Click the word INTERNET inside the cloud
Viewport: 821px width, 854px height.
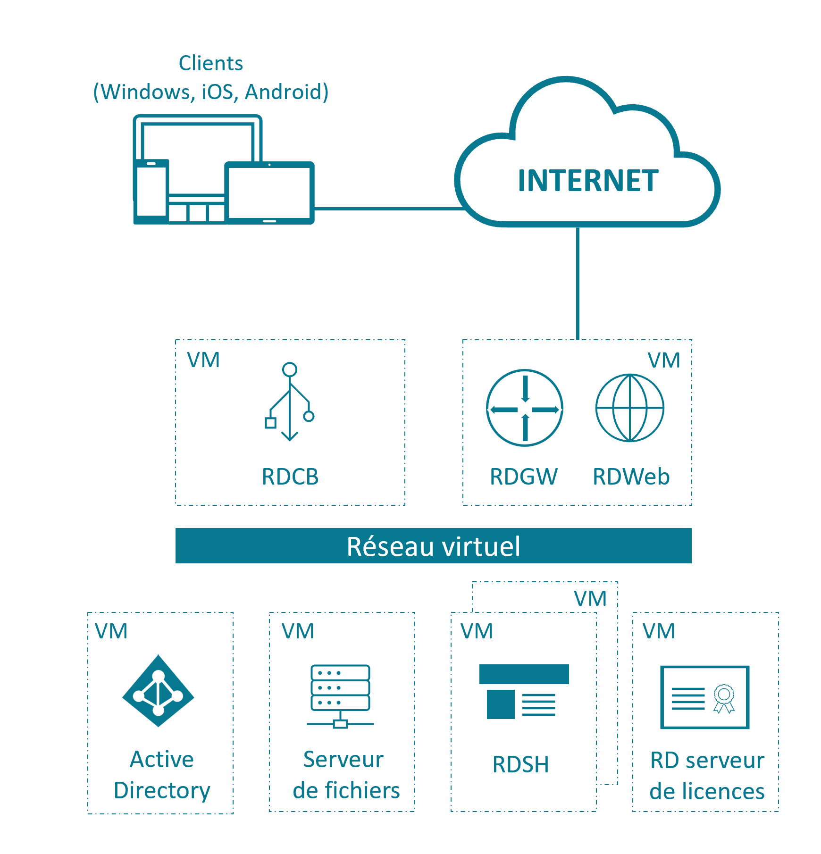(x=588, y=181)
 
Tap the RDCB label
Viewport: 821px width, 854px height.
(x=290, y=477)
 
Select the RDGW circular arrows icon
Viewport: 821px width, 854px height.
(x=525, y=408)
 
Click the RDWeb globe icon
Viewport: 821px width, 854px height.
(x=630, y=408)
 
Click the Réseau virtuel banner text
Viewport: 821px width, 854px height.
(x=433, y=546)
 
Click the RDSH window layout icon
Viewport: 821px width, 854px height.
(x=524, y=692)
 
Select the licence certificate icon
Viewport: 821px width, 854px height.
(x=705, y=697)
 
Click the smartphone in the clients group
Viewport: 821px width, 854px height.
(x=151, y=191)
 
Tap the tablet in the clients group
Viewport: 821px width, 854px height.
(x=269, y=193)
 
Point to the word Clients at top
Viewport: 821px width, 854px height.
(x=211, y=63)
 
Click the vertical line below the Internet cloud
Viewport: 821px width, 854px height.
(x=578, y=283)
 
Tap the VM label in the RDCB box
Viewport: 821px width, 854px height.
(x=203, y=360)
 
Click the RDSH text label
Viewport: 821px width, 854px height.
(x=521, y=764)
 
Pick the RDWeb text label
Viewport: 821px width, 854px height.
(x=631, y=477)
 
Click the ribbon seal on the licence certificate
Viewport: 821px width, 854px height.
(x=724, y=698)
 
